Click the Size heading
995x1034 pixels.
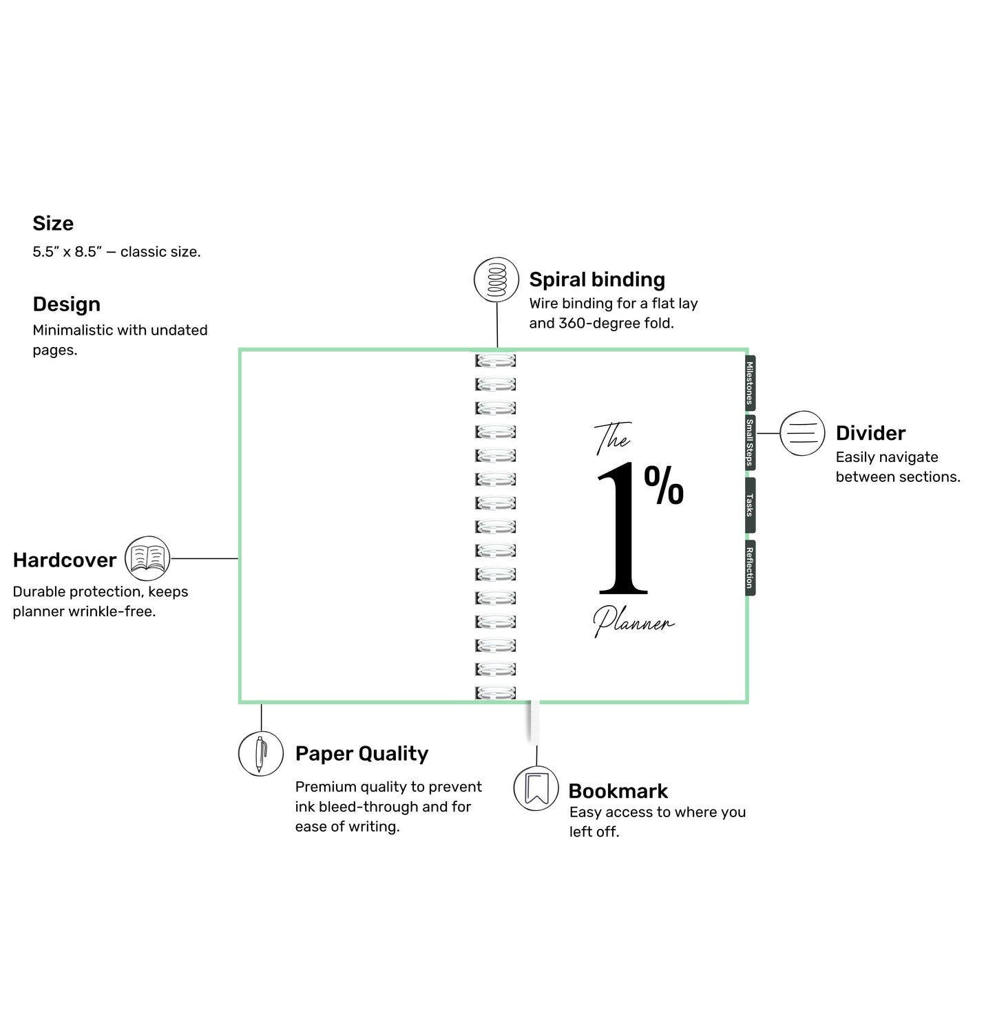[53, 223]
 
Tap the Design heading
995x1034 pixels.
[66, 304]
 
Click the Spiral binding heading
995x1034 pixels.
[597, 279]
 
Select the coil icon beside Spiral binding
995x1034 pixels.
[496, 279]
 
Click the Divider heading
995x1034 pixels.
[870, 433]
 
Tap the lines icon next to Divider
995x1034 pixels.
[802, 433]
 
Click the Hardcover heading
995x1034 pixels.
[65, 560]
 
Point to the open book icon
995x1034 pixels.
[147, 558]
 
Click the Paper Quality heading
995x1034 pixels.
[362, 754]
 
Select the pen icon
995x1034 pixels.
[261, 754]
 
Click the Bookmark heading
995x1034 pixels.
[618, 791]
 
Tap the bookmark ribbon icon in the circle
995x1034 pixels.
[536, 788]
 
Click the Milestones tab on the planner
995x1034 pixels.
[750, 383]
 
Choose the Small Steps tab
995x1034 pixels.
[750, 443]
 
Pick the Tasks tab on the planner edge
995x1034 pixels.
[750, 505]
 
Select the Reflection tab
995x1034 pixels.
[750, 568]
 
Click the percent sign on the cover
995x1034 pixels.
[664, 485]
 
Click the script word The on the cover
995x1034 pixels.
[613, 439]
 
